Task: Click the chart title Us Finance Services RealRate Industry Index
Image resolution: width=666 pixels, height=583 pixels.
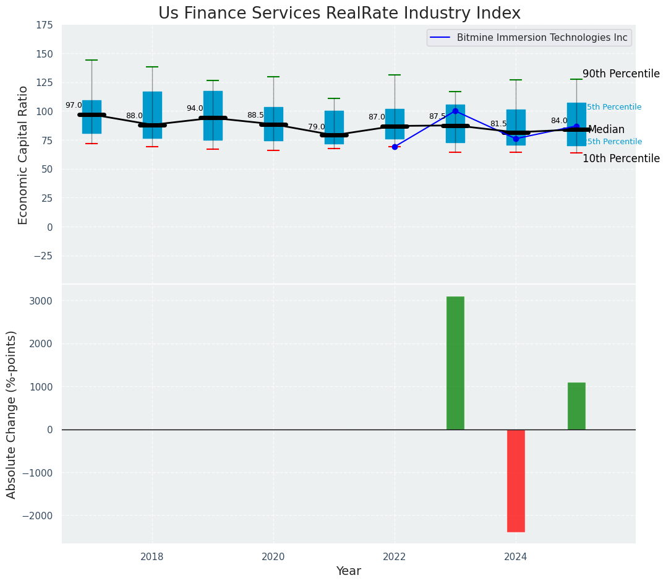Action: [x=339, y=14]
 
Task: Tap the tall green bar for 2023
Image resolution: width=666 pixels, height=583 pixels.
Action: [x=455, y=363]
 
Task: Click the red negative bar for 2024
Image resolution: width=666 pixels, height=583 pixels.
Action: [x=516, y=480]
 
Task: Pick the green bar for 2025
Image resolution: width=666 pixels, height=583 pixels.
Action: [x=576, y=406]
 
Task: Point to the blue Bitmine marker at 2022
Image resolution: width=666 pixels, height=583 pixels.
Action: [x=395, y=147]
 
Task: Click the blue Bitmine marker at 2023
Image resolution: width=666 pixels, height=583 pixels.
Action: [x=455, y=111]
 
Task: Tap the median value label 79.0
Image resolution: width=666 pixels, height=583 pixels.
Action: [x=317, y=127]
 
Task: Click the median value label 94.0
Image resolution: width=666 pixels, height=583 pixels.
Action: [x=195, y=109]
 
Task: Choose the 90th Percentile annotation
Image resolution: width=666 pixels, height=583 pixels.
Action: [x=621, y=74]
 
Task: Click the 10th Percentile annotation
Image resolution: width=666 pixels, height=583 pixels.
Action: [x=621, y=159]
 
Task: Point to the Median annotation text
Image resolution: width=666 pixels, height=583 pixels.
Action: [x=606, y=130]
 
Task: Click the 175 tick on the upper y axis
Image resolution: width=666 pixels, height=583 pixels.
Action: [x=45, y=26]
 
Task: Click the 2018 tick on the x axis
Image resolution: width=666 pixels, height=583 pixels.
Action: [x=152, y=557]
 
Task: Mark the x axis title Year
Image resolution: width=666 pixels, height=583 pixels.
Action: [x=348, y=571]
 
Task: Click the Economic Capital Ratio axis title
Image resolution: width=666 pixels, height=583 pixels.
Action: [x=23, y=155]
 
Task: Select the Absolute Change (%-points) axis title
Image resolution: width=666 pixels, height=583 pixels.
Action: [x=12, y=414]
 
